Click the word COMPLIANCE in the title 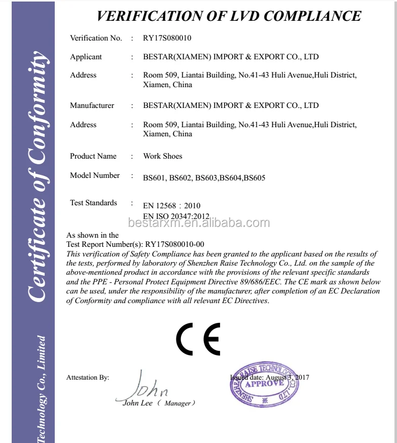point(312,16)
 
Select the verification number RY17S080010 point(167,38)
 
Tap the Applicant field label point(86,57)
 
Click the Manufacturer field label point(92,105)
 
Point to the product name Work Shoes point(163,156)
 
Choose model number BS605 point(255,178)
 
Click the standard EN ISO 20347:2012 point(176,216)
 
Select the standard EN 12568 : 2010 point(172,206)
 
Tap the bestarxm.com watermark point(199,223)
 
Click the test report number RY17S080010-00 point(174,244)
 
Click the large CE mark point(198,339)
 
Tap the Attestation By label point(88,378)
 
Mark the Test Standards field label point(93,203)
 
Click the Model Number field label point(95,175)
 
